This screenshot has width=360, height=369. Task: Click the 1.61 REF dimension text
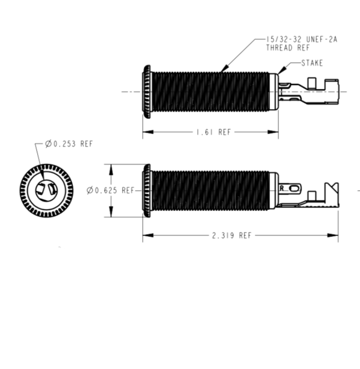coord(214,132)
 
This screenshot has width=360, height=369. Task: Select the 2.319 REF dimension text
coord(231,235)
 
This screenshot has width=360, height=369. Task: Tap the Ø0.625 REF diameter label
coord(111,190)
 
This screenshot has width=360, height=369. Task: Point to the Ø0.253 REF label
coord(69,143)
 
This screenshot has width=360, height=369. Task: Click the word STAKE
coord(312,63)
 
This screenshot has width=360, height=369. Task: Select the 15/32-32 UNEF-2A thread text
coord(302,39)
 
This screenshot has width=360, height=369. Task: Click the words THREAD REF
coord(288,48)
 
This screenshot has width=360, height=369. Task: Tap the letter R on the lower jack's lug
coord(282,188)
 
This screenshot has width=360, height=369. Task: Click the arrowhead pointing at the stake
coord(282,69)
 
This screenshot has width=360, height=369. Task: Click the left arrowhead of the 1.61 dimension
coord(148,132)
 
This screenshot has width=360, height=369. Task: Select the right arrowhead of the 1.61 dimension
coord(273,132)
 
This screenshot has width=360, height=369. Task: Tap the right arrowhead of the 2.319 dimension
coord(333,235)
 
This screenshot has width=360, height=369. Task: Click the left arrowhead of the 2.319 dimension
coord(148,235)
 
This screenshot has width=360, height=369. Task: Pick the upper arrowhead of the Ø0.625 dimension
coord(111,169)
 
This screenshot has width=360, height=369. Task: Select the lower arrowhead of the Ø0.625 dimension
coord(111,212)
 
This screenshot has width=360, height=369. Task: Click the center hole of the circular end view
coord(46,191)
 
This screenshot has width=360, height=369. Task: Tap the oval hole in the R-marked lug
coord(293,189)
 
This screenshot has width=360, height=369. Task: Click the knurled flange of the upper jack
coord(146,92)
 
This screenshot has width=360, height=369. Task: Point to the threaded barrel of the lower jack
coord(211,190)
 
